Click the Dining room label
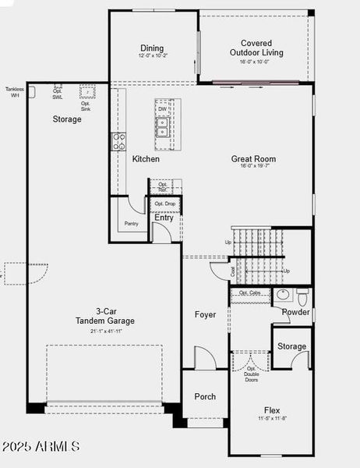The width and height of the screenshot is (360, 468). [x=153, y=48]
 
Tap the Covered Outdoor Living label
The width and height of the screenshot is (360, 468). [x=256, y=48]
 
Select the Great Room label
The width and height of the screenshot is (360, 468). [x=253, y=159]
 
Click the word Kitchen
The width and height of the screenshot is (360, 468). [x=146, y=159]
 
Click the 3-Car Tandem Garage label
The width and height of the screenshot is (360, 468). [x=105, y=316]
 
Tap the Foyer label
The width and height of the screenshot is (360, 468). [x=205, y=314]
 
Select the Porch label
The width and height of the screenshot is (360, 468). [x=205, y=396]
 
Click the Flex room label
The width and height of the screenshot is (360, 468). [x=272, y=410]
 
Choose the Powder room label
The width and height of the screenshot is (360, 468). [x=296, y=312]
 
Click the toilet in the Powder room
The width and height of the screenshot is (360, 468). [x=302, y=296]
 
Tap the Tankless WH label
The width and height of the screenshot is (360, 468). [x=14, y=92]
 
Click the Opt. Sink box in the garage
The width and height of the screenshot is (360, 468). [x=87, y=93]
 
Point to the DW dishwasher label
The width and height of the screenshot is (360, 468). [x=163, y=109]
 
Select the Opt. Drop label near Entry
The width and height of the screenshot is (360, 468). [x=165, y=204]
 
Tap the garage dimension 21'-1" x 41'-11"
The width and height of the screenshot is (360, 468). [x=105, y=331]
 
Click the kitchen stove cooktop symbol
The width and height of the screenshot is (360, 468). [x=119, y=141]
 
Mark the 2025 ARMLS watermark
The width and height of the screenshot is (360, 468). [x=41, y=447]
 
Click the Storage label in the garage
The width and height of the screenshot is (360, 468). [x=67, y=119]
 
